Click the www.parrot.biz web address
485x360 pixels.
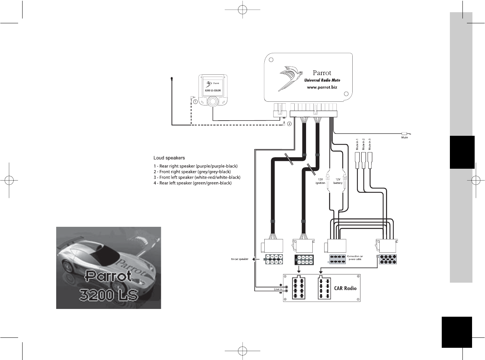pos(322,87)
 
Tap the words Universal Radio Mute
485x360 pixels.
pos(322,80)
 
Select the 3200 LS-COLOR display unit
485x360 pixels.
pos(213,91)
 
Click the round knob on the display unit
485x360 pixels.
pos(213,102)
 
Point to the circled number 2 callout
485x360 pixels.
pos(289,124)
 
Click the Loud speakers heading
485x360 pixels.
pos(169,158)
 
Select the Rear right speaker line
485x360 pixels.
pos(196,166)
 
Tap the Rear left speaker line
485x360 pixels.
pos(193,183)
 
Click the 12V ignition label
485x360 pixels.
pos(320,181)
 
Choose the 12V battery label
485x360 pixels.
pos(338,181)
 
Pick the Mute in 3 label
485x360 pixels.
pos(370,144)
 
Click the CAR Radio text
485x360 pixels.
pos(345,288)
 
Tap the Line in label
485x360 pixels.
pos(278,289)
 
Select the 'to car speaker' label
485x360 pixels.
pos(240,259)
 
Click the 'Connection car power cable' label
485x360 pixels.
pos(355,258)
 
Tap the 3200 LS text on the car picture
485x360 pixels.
pos(109,295)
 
